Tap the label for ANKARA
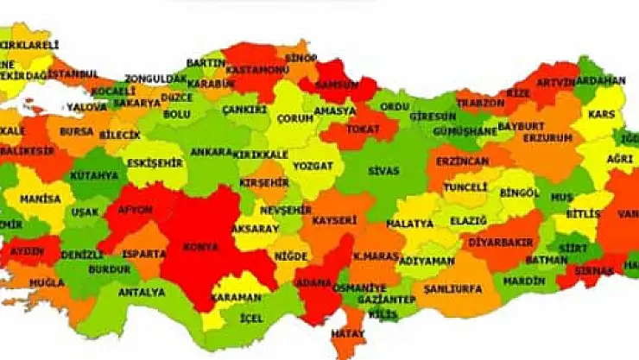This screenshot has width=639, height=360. [211, 152]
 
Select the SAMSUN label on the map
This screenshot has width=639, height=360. [338, 85]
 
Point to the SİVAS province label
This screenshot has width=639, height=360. [383, 171]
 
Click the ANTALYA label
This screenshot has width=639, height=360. [141, 293]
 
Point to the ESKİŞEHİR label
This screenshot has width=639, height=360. [155, 161]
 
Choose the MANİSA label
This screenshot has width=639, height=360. [41, 199]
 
